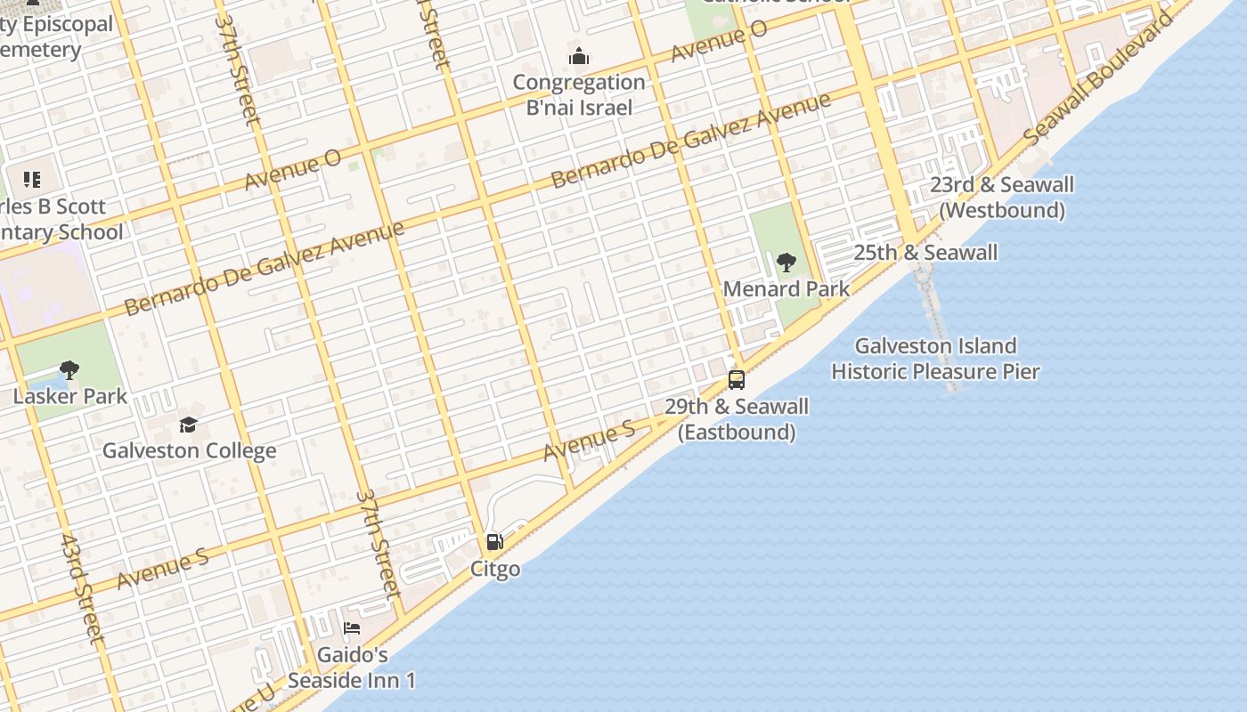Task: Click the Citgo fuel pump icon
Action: [x=494, y=542]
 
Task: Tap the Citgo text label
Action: [x=495, y=569]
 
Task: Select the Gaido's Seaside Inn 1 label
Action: [x=366, y=667]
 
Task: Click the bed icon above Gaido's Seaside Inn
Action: [x=353, y=628]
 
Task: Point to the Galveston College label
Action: [x=189, y=450]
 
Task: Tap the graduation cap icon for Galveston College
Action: [x=188, y=425]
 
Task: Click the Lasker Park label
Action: [x=70, y=396]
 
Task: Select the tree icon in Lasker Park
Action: [x=69, y=370]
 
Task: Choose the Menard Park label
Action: [x=787, y=289]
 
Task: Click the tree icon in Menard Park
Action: [x=786, y=263]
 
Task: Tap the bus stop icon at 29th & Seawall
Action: [x=737, y=380]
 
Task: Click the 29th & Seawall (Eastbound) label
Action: [x=737, y=419]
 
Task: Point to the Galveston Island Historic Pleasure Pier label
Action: [x=935, y=359]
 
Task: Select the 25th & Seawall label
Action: [x=925, y=253]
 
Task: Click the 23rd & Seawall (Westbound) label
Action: [x=1002, y=198]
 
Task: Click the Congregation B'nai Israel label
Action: [x=579, y=95]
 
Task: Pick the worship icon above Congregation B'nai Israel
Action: [x=579, y=58]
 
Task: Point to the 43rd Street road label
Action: [x=83, y=587]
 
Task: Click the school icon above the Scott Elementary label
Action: [x=33, y=181]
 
